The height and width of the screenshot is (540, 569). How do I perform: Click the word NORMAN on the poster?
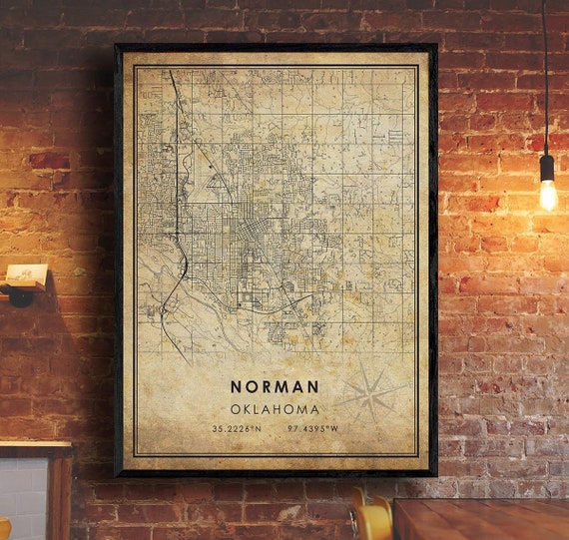click(x=275, y=386)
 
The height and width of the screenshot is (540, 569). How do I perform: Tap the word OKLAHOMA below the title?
click(x=275, y=409)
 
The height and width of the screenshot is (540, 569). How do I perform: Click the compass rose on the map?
click(x=371, y=394)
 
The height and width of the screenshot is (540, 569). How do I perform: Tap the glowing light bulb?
click(x=547, y=194)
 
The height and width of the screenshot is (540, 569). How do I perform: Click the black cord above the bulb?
click(x=545, y=80)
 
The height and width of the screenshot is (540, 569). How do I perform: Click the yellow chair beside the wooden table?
click(x=370, y=520)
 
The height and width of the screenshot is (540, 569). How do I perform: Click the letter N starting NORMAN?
click(x=236, y=386)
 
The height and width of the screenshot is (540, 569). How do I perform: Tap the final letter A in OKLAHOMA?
click(x=315, y=409)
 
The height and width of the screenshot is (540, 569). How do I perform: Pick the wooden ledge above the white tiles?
click(x=35, y=448)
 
